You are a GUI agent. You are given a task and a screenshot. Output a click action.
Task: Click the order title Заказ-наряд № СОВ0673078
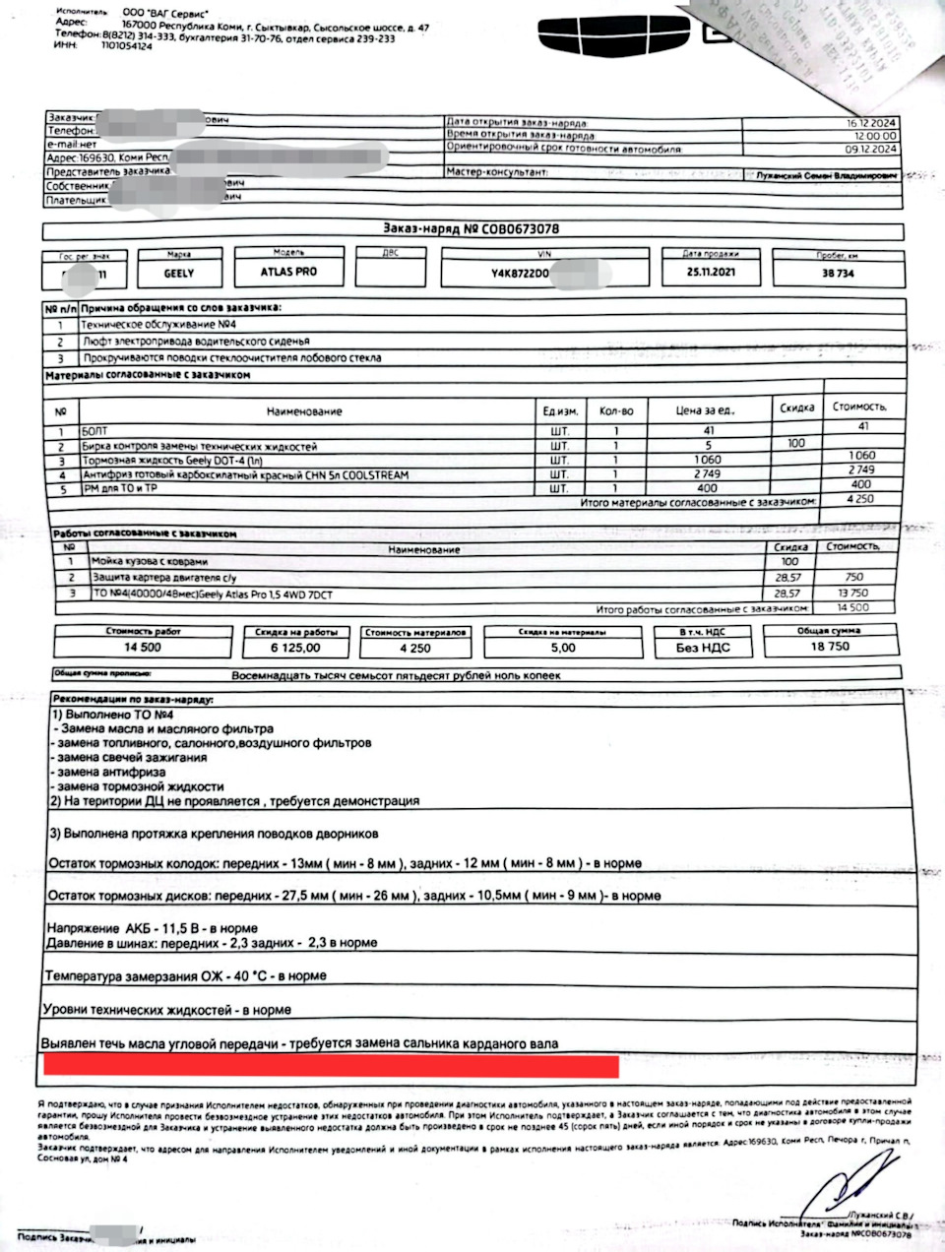[471, 229]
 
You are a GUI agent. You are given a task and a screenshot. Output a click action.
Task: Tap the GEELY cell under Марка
[179, 273]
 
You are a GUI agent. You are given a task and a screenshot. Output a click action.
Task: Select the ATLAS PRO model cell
[288, 272]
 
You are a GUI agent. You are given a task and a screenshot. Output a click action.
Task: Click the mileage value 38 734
[838, 274]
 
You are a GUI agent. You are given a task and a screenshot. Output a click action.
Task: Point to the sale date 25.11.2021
[709, 273]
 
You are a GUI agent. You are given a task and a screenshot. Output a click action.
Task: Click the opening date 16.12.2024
[870, 123]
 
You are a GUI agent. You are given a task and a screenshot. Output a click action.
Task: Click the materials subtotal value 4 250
[862, 499]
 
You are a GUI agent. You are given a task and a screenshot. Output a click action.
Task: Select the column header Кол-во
[616, 410]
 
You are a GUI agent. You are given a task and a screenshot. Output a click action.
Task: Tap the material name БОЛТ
[96, 431]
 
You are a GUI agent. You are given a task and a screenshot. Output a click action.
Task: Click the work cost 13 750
[852, 594]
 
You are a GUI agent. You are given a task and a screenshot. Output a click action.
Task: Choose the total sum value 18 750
[830, 647]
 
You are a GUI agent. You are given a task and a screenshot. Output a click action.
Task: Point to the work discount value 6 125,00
[295, 648]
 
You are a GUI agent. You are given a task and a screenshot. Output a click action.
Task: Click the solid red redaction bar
[330, 1065]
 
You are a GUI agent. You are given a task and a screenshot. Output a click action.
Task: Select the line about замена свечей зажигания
[131, 758]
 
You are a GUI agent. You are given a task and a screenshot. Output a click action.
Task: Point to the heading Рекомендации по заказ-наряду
[131, 698]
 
